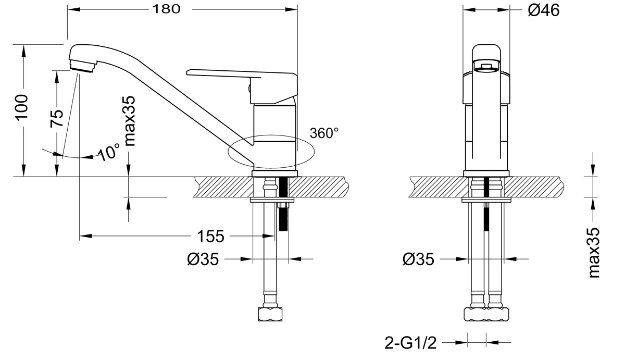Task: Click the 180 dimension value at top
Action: coord(167,9)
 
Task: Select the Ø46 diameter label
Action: coord(543,10)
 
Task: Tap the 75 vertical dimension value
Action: coord(57,118)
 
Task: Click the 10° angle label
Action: coord(109,152)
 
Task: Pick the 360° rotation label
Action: coord(324,133)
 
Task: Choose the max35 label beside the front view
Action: coord(594,253)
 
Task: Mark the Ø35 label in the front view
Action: coord(418,258)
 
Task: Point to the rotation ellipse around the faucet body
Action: coord(271,151)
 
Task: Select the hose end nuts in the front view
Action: coord(486,314)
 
